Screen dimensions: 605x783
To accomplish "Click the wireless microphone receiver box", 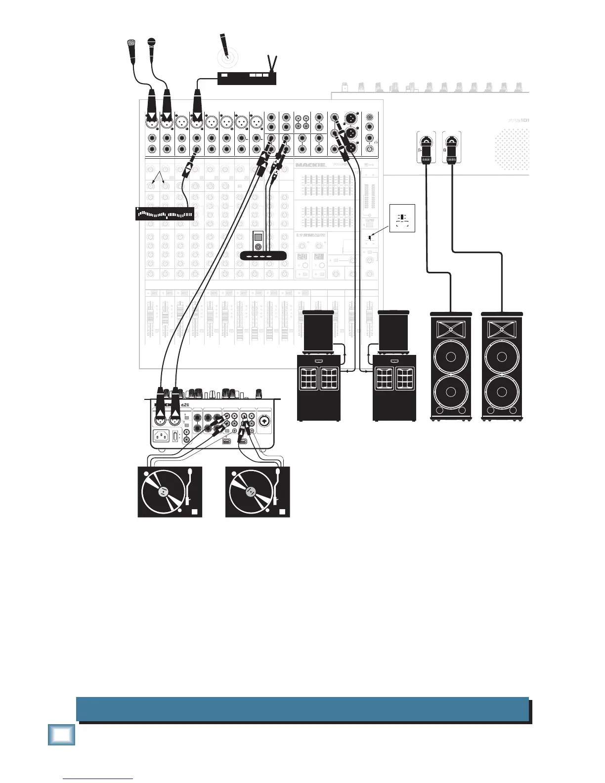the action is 247,78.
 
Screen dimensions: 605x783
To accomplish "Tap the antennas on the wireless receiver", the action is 271,63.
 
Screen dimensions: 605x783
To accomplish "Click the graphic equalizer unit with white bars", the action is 165,214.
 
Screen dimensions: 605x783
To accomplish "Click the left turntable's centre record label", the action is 163,492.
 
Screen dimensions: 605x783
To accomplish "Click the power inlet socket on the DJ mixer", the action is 161,436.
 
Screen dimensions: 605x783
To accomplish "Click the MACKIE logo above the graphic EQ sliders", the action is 311,165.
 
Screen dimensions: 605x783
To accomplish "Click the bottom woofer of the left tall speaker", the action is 450,392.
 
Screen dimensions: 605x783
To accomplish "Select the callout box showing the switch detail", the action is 402,218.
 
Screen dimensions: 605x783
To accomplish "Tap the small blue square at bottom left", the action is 62,735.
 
